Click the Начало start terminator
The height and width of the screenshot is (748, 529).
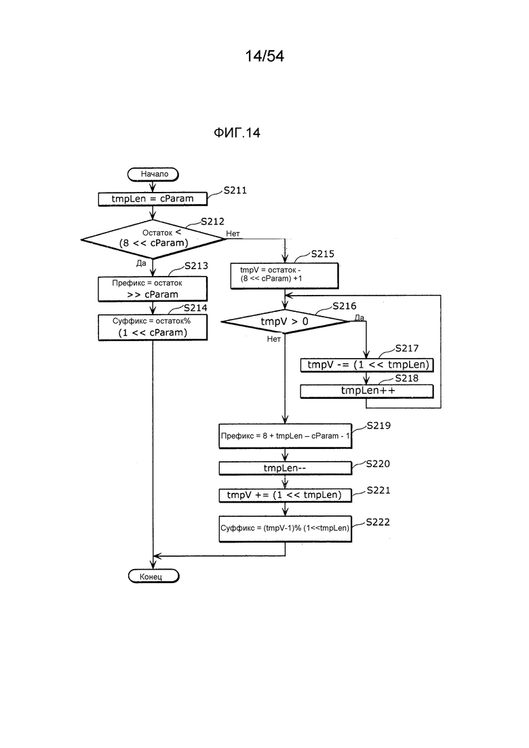[x=153, y=174]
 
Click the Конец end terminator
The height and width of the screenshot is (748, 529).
[x=153, y=576]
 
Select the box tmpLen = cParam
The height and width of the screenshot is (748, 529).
[x=153, y=199]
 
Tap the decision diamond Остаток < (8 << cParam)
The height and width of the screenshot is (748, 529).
[x=153, y=239]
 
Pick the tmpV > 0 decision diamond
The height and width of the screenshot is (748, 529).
[x=285, y=320]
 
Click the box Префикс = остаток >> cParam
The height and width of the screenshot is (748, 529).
[x=153, y=288]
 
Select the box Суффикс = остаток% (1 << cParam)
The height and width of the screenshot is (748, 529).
[x=153, y=327]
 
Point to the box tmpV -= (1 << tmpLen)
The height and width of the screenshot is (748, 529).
[x=366, y=365]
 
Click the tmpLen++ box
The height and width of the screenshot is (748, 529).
[x=366, y=391]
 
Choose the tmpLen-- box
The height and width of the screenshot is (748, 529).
[x=285, y=468]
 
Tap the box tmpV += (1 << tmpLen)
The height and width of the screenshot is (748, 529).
[x=285, y=495]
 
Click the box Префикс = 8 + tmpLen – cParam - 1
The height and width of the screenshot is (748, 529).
[x=285, y=435]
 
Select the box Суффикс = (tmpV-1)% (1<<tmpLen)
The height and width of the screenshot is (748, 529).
[x=285, y=529]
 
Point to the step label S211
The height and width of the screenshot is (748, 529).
[x=235, y=191]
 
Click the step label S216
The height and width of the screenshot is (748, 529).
[x=344, y=307]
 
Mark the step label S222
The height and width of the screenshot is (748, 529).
[x=378, y=523]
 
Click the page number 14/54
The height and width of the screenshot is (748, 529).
[x=264, y=56]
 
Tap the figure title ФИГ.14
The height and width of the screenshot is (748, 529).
[x=237, y=134]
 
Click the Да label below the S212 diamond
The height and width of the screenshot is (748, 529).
[x=142, y=262]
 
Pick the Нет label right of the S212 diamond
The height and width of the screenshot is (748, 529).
[x=233, y=234]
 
